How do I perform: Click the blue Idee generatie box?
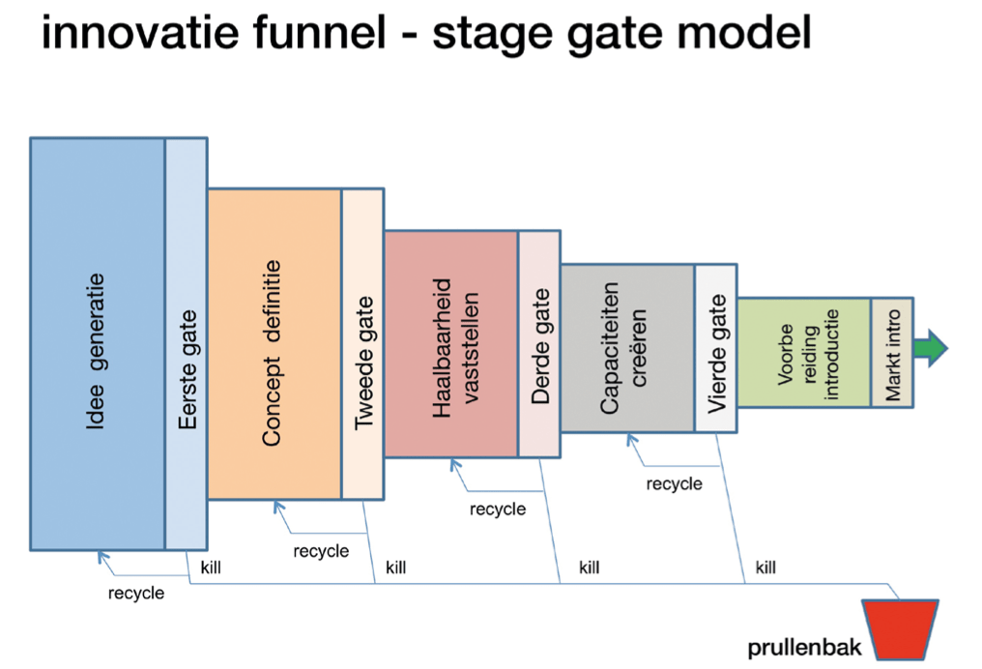(x=97, y=343)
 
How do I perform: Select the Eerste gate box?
(x=186, y=343)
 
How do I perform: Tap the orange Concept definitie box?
(x=274, y=343)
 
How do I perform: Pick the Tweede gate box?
(x=362, y=343)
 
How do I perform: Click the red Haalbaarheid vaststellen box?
(x=450, y=343)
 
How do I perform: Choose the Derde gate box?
(x=539, y=343)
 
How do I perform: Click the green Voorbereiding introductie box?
(x=803, y=352)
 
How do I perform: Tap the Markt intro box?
(x=891, y=352)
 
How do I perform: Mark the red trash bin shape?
(x=900, y=628)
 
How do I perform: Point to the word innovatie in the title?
(x=143, y=35)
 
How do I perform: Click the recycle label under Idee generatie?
(x=135, y=593)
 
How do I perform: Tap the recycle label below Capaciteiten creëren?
(x=674, y=483)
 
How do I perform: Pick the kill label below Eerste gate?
(x=210, y=567)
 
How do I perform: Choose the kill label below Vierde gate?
(x=765, y=567)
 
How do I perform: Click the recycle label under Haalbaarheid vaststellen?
(x=498, y=509)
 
